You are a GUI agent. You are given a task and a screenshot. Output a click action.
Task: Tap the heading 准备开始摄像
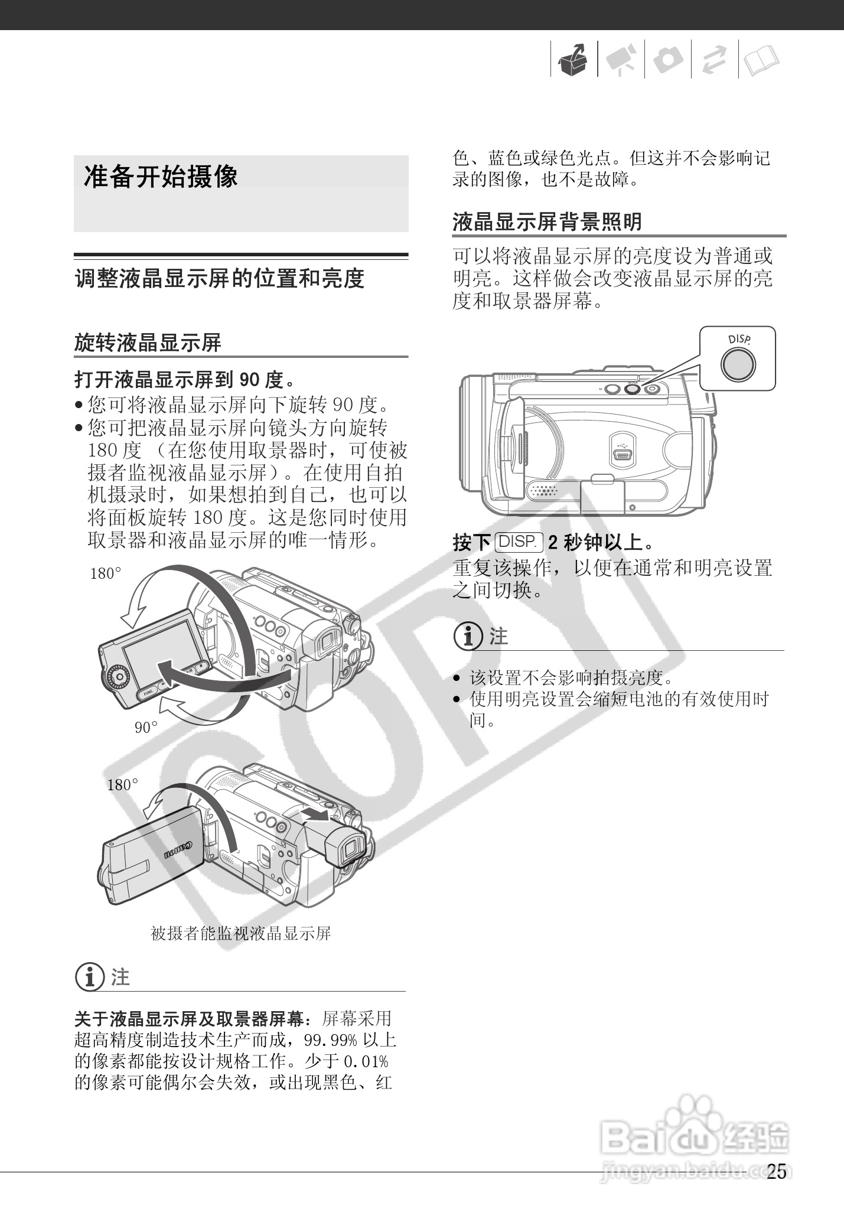click(x=161, y=177)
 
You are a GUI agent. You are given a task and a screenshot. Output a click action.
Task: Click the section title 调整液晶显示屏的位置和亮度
click(x=219, y=279)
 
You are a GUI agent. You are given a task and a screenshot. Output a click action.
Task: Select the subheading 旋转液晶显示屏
click(x=148, y=343)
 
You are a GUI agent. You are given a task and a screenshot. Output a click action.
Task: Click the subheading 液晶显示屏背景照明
click(x=547, y=222)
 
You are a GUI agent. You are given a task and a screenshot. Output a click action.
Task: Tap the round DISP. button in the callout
click(x=738, y=364)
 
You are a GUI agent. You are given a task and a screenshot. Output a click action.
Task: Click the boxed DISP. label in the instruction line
click(x=519, y=542)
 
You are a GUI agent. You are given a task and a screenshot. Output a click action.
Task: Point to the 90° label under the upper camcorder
click(x=146, y=728)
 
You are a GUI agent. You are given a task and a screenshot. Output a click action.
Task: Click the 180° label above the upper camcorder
click(x=105, y=573)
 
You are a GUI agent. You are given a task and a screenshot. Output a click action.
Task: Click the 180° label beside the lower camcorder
click(x=122, y=784)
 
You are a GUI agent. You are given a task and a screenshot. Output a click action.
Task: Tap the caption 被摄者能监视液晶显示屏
click(x=240, y=933)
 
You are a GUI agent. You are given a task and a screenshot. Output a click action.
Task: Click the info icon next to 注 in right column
click(x=468, y=636)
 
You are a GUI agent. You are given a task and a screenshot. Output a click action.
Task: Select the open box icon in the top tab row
click(x=573, y=60)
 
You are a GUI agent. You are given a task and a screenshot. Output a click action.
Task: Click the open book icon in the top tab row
click(x=761, y=60)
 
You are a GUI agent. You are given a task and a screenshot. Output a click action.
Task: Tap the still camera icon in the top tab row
click(x=668, y=60)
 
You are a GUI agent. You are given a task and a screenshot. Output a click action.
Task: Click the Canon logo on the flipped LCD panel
click(x=178, y=850)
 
